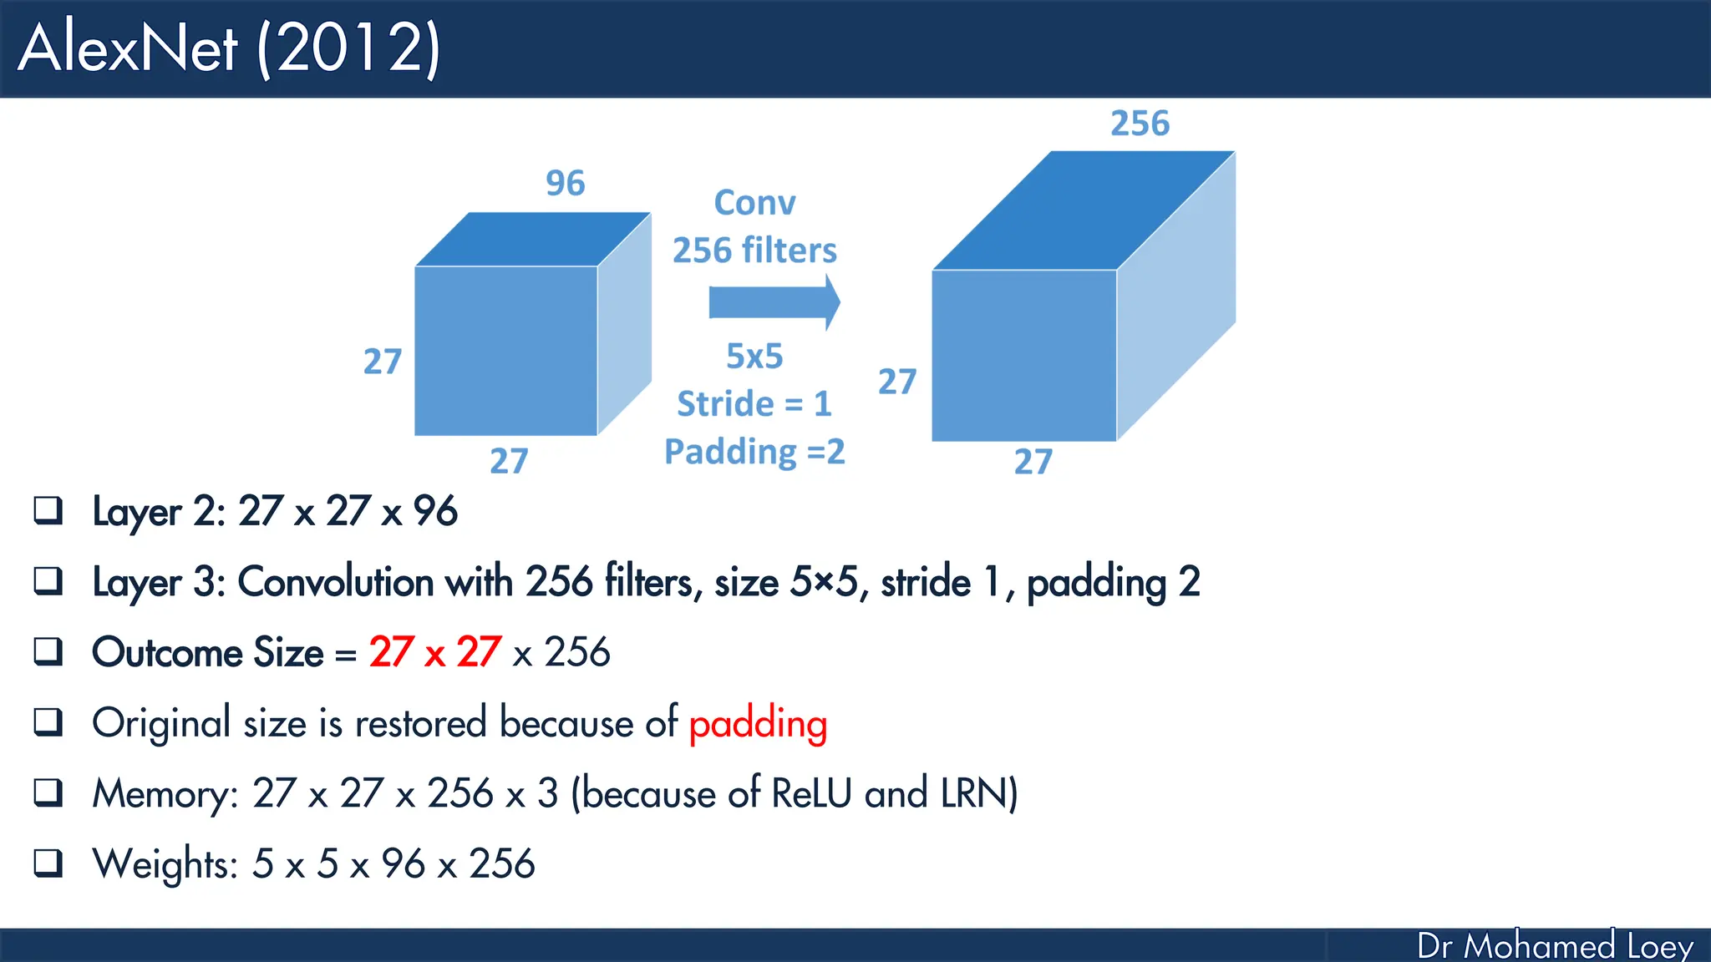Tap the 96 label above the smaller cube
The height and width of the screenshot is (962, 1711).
[x=566, y=183]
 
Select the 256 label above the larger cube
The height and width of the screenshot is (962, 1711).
[x=1140, y=124]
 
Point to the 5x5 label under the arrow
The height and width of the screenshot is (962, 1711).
[x=754, y=357]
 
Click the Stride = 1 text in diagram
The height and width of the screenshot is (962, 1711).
[x=754, y=404]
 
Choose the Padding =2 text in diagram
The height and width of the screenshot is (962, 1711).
[x=754, y=452]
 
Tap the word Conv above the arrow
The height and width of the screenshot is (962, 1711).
[x=754, y=203]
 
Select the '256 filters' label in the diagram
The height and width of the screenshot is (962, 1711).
[x=754, y=251]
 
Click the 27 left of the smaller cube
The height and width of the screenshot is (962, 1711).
[x=383, y=362]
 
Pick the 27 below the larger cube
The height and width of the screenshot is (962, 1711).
[x=1033, y=462]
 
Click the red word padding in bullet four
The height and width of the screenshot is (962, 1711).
[x=758, y=723]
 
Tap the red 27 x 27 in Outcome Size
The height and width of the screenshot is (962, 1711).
[x=435, y=652]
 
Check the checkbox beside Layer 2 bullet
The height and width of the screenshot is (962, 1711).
[x=48, y=510]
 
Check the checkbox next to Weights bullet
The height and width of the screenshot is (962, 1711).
[x=48, y=863]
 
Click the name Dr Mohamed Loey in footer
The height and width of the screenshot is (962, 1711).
[x=1555, y=946]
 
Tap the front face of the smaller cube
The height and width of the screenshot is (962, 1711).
[x=505, y=351]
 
